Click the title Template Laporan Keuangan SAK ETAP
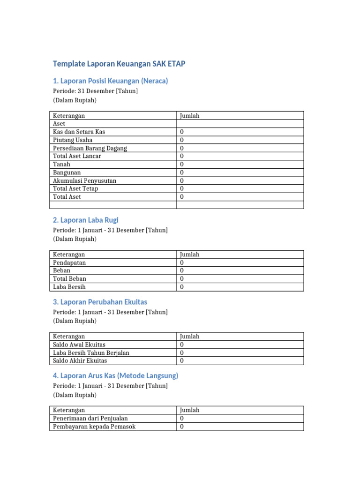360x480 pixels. (119, 64)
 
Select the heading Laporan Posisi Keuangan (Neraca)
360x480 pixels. (110, 81)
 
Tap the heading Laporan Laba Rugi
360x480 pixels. (89, 220)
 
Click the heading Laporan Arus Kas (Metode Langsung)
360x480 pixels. (115, 375)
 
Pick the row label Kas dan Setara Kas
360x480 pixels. (79, 132)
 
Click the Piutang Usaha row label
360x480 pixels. (73, 140)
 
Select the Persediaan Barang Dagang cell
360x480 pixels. (90, 148)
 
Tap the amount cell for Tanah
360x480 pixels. (182, 165)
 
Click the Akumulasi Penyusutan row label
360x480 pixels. (85, 180)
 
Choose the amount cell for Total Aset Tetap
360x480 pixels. (182, 188)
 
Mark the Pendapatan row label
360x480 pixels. (69, 262)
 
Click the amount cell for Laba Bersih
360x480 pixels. (182, 287)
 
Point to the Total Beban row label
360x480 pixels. (70, 278)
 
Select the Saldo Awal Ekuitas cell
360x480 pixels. (79, 345)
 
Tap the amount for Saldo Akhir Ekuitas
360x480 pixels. (182, 360)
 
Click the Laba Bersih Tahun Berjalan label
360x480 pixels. (91, 352)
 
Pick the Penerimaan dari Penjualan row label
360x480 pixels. (90, 418)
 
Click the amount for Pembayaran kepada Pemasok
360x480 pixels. (182, 427)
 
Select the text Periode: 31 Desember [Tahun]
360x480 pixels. (95, 91)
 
